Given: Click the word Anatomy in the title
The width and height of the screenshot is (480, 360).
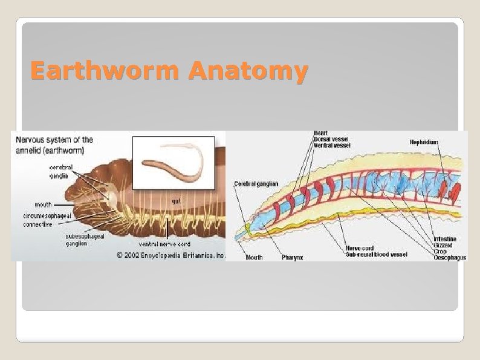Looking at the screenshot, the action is (247, 72).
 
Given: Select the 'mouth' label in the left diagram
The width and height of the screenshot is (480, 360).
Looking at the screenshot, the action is (42, 205).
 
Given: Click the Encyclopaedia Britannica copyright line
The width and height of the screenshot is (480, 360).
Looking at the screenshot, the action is (171, 255).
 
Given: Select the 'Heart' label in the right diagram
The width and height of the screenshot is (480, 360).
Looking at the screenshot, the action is (321, 133).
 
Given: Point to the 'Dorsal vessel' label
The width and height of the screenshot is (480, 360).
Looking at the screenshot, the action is (330, 140).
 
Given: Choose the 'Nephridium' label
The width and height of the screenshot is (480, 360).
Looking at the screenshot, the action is (424, 142).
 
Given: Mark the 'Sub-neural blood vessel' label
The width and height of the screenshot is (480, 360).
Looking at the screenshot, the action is (377, 254).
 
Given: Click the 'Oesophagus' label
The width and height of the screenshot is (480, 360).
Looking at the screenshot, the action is (450, 258).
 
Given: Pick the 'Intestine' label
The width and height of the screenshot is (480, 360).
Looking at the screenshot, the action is (444, 240).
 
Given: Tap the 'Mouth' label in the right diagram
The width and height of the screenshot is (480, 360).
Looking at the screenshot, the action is (254, 258).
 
